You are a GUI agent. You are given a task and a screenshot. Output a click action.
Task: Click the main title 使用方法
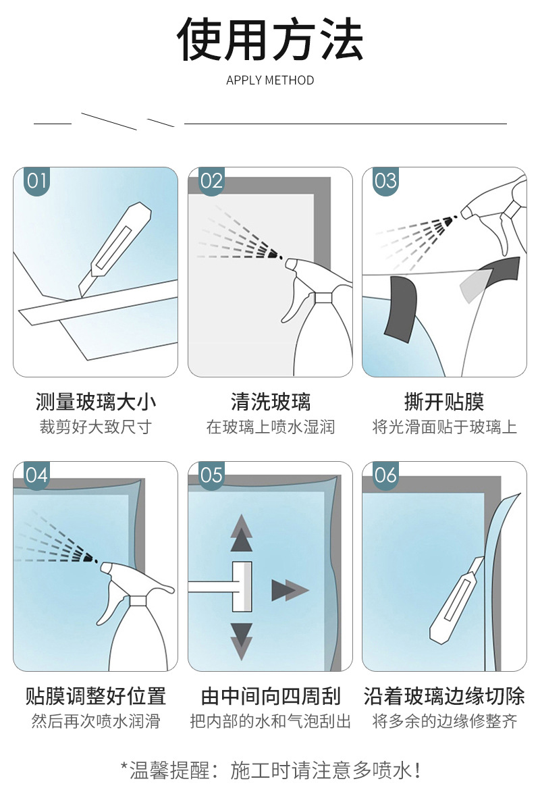pyautogui.click(x=270, y=39)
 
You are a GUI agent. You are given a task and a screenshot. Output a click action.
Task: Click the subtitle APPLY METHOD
pyautogui.click(x=270, y=80)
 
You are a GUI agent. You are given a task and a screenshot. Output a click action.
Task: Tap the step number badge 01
pyautogui.click(x=37, y=180)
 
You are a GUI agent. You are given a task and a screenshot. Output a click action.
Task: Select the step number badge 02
pyautogui.click(x=211, y=180)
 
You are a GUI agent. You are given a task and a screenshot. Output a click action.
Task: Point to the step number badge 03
pyautogui.click(x=385, y=180)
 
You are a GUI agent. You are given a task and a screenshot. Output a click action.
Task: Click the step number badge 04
pyautogui.click(x=37, y=475)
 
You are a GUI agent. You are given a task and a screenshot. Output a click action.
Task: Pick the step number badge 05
pyautogui.click(x=211, y=475)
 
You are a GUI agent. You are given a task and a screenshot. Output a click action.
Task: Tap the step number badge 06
pyautogui.click(x=385, y=475)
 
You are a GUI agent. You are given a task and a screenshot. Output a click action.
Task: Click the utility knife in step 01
pyautogui.click(x=115, y=248)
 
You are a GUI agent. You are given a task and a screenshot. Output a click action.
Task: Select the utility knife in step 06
pyautogui.click(x=457, y=601)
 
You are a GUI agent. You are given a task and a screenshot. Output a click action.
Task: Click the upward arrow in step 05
pyautogui.click(x=242, y=533)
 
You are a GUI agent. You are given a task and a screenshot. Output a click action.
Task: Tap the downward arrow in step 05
pyautogui.click(x=242, y=641)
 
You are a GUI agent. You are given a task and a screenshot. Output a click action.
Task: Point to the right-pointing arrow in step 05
pyautogui.click(x=290, y=590)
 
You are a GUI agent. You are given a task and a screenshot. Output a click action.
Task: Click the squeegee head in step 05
pyautogui.click(x=242, y=587)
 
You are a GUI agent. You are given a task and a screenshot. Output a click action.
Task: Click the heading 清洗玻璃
pyautogui.click(x=271, y=402)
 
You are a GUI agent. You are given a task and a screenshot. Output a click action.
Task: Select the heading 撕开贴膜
pyautogui.click(x=444, y=402)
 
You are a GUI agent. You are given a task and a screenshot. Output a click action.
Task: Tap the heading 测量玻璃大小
pyautogui.click(x=96, y=402)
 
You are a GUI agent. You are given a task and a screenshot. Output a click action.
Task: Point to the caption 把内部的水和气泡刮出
pyautogui.click(x=271, y=721)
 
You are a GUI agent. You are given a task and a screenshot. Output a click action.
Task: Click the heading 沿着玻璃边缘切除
pyautogui.click(x=444, y=696)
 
